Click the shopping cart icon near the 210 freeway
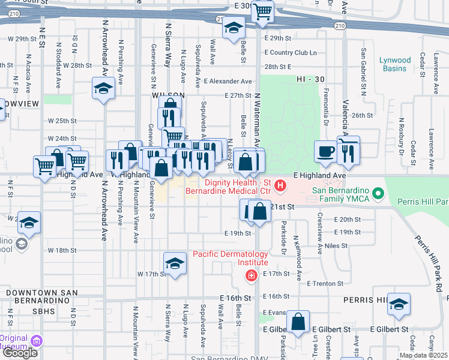pos(263,11)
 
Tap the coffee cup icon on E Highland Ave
pos(326,152)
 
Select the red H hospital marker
pos(280,188)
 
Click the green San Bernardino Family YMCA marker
pos(378,193)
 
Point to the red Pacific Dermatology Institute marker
pos(251,275)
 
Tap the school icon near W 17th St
pos(175,263)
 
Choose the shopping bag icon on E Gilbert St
pos(298,322)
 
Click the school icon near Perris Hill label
pos(399,304)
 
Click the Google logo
pos(20,352)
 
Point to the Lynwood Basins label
pos(395,64)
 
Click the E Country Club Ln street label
pos(291,53)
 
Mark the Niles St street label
pos(336,245)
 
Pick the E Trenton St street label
pos(324,284)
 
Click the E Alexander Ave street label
pos(228,81)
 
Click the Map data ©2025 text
pos(423,355)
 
